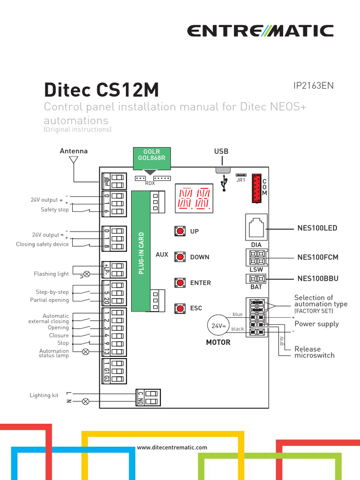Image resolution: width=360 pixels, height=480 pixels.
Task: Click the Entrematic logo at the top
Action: tap(260, 31)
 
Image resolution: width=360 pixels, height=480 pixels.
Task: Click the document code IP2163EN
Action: tap(313, 86)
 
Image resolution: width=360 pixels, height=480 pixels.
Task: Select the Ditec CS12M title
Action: tap(101, 89)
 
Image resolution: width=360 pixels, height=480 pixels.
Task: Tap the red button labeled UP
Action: tap(180, 232)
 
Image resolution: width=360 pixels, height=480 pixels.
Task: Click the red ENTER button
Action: tap(180, 283)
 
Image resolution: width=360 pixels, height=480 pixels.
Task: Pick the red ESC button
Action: tap(180, 308)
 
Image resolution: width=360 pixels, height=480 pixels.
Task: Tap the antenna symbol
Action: tap(73, 160)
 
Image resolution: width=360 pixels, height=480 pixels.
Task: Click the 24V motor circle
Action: tap(217, 326)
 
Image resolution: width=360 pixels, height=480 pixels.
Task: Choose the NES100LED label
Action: tap(317, 228)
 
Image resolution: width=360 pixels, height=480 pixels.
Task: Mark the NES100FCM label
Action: tap(318, 257)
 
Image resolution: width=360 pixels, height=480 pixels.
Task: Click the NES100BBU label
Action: tap(318, 279)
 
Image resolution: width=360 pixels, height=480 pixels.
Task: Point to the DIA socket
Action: tap(256, 227)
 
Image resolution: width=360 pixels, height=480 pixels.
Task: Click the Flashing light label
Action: tap(51, 274)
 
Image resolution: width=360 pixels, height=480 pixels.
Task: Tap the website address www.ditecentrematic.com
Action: tap(172, 448)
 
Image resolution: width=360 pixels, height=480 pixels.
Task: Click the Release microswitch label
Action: tap(314, 352)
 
